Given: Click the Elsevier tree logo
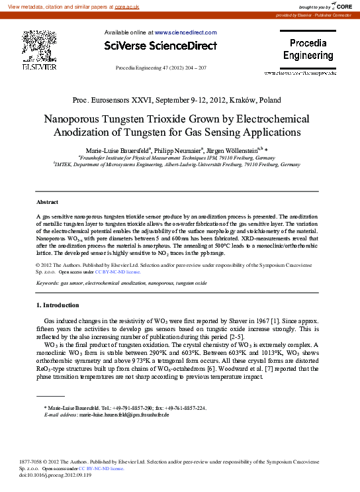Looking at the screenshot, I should [x=39, y=46].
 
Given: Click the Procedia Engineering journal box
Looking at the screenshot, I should [x=308, y=50].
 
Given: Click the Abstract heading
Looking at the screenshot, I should [x=47, y=202].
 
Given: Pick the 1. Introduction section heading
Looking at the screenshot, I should [x=57, y=305].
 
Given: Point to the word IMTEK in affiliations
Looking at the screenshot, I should [x=64, y=165].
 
